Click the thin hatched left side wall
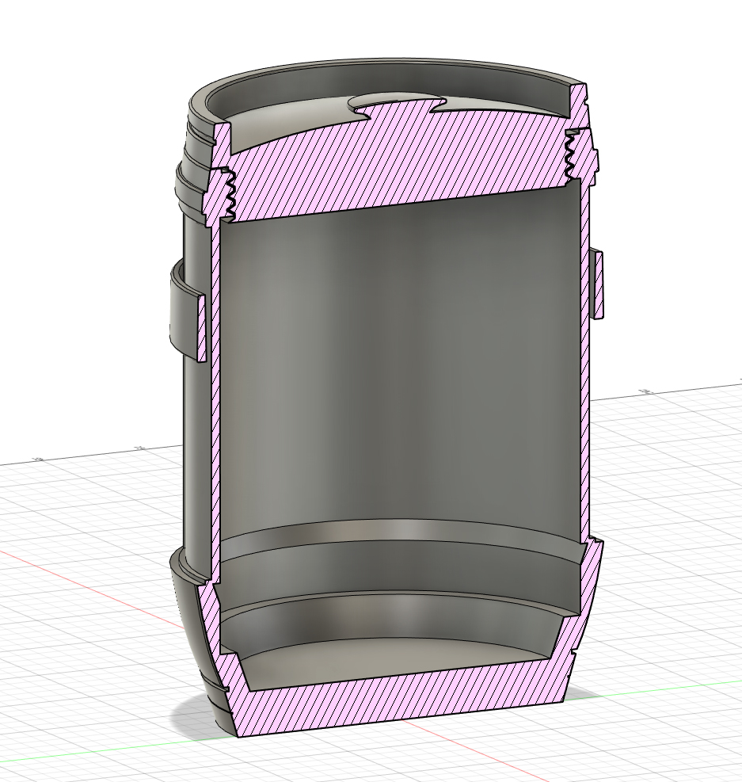[214, 396]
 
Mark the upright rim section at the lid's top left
[223, 143]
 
